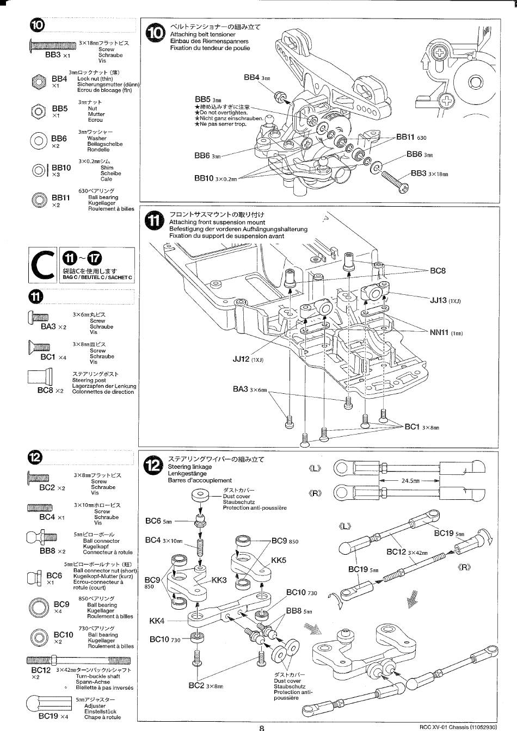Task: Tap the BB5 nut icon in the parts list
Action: pos(38,111)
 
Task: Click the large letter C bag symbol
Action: pos(43,265)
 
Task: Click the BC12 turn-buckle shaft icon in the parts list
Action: pos(78,661)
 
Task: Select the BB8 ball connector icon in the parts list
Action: pos(41,538)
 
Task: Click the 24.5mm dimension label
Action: pos(410,481)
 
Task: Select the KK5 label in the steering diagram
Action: pos(278,560)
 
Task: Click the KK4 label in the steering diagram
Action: pos(157,621)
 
